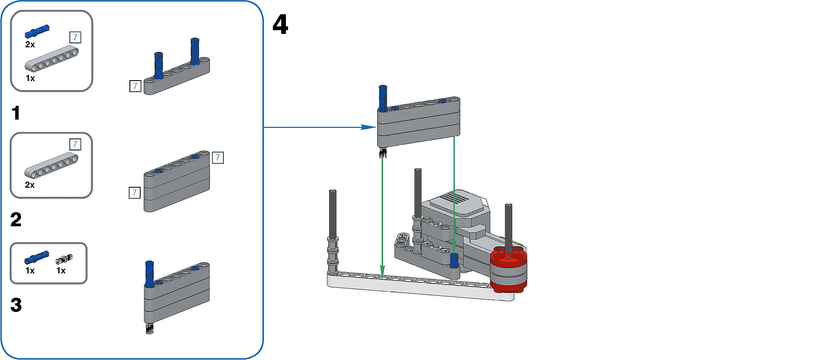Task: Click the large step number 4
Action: click(x=280, y=24)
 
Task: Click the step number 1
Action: click(x=16, y=113)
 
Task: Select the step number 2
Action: click(x=16, y=219)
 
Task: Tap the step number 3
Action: click(x=16, y=305)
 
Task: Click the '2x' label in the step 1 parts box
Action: click(x=30, y=45)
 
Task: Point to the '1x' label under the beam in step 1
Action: click(x=30, y=78)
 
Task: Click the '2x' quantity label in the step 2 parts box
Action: click(x=30, y=185)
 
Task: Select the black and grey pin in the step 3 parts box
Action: click(x=64, y=259)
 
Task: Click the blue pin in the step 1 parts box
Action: click(x=37, y=30)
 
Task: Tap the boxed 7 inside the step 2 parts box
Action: click(x=75, y=144)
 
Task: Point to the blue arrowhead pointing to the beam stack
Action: click(x=368, y=127)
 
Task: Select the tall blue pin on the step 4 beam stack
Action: click(x=383, y=97)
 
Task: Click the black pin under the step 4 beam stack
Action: click(x=383, y=153)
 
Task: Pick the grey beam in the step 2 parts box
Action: click(x=51, y=165)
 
